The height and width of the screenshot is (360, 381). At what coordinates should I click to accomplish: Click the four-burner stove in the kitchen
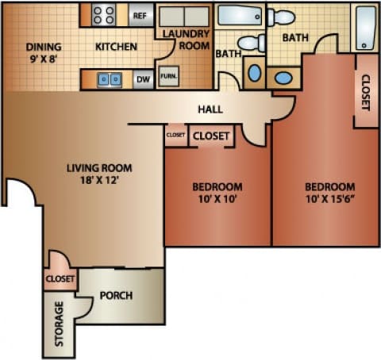tap(104, 14)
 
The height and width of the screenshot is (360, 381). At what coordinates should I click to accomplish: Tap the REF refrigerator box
tap(140, 15)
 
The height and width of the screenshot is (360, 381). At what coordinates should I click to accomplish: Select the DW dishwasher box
tap(143, 79)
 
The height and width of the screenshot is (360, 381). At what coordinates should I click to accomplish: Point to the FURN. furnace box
tap(167, 78)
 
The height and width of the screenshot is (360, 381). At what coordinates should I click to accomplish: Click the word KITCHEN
tap(117, 47)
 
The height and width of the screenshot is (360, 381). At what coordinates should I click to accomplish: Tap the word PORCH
tap(116, 296)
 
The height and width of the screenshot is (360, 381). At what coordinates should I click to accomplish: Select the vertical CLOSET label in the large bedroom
tap(365, 91)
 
